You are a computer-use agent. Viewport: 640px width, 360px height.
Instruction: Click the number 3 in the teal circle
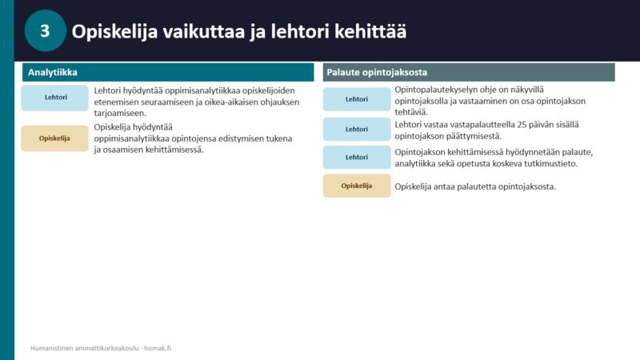(x=45, y=31)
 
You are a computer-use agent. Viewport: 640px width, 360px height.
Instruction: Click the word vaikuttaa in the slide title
(x=203, y=31)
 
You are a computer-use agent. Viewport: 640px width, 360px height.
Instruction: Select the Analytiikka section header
(x=168, y=72)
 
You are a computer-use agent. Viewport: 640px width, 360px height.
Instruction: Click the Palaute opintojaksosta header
(x=469, y=72)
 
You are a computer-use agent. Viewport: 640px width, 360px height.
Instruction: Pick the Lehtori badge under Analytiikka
(x=54, y=98)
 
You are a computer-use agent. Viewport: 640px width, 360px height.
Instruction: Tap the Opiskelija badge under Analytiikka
(x=54, y=138)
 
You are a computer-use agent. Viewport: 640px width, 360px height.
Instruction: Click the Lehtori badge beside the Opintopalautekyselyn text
(x=357, y=99)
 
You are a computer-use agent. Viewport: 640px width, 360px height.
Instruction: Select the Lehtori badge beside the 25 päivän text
(x=357, y=130)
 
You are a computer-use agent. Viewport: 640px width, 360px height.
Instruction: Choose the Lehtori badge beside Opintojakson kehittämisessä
(x=357, y=157)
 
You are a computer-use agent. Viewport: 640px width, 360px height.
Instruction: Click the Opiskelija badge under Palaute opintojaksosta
(x=357, y=186)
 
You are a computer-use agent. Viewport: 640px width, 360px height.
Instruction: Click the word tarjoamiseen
(x=119, y=114)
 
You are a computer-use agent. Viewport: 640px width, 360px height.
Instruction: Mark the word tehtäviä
(x=410, y=112)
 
